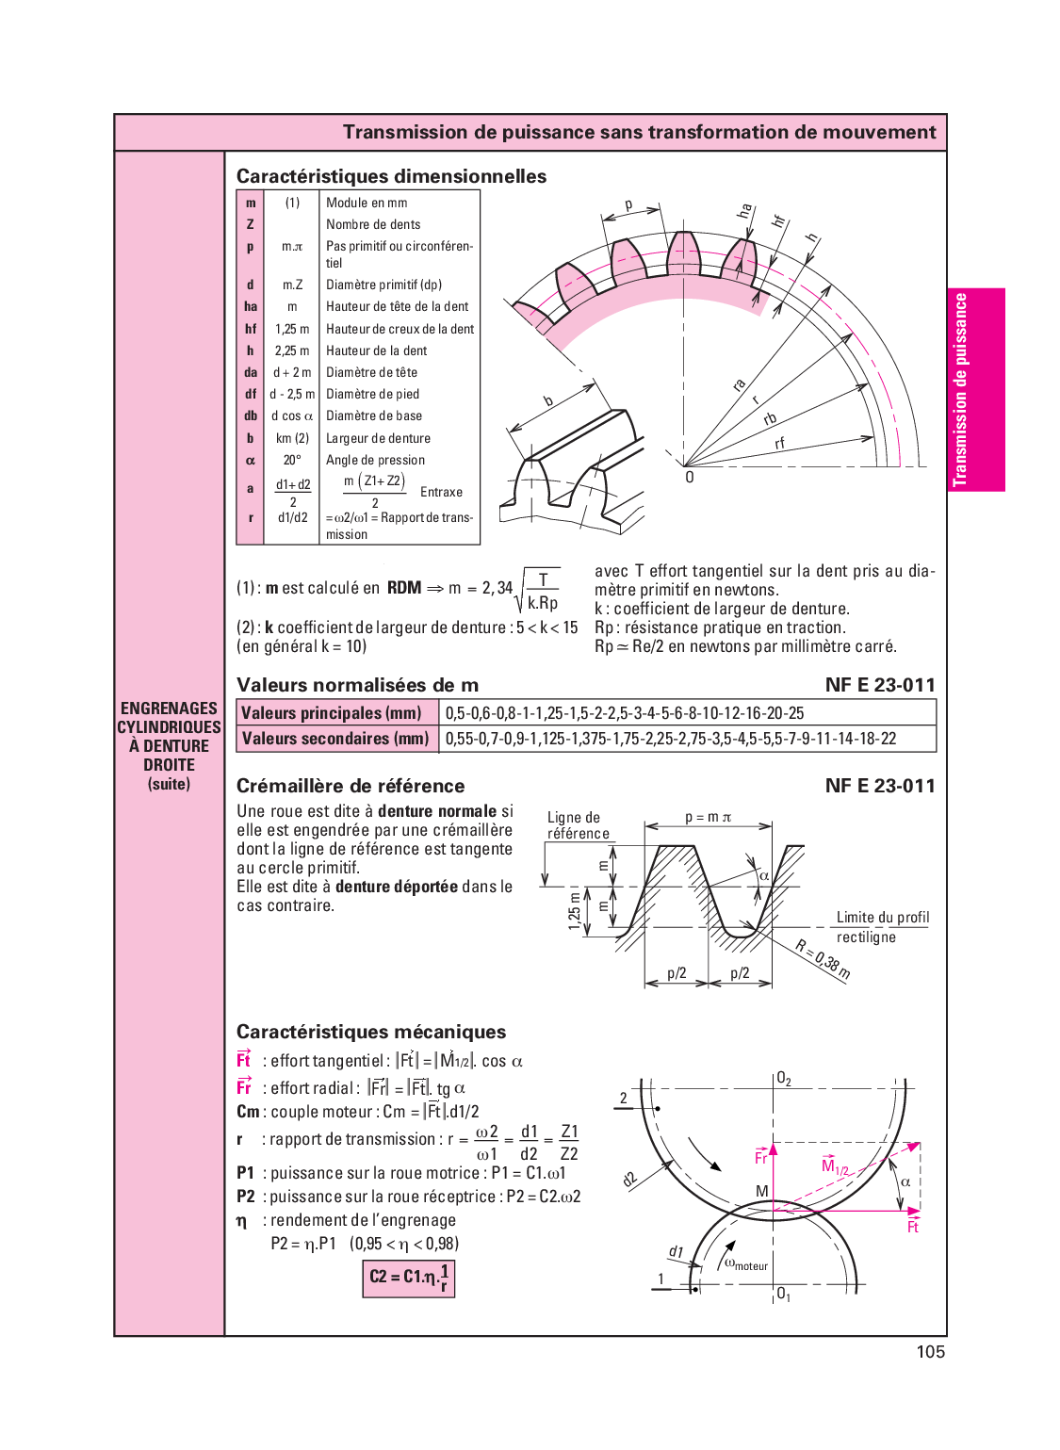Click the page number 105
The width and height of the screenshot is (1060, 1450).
point(930,1352)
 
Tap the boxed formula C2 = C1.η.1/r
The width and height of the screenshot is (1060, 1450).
point(409,1279)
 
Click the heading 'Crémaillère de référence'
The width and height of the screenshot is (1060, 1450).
point(351,786)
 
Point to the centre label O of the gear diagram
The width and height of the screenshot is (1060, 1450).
point(690,478)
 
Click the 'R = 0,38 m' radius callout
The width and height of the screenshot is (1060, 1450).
point(823,960)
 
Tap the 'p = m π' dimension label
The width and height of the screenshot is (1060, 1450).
point(708,818)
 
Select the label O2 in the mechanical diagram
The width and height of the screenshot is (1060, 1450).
point(784,1080)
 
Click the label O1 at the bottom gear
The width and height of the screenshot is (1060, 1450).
point(784,1295)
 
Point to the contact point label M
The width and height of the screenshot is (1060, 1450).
point(762,1192)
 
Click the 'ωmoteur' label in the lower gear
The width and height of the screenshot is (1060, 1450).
point(746,1264)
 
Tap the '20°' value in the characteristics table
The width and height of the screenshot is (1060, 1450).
point(292,461)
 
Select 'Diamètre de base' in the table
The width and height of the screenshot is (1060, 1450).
point(374,416)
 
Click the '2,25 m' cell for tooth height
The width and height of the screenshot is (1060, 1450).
point(292,350)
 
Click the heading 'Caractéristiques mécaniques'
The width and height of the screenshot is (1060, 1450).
point(371,1032)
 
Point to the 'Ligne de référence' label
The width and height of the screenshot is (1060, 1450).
point(578,825)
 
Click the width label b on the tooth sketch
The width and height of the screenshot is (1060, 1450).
point(549,401)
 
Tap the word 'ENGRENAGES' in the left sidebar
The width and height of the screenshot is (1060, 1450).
point(169,709)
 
